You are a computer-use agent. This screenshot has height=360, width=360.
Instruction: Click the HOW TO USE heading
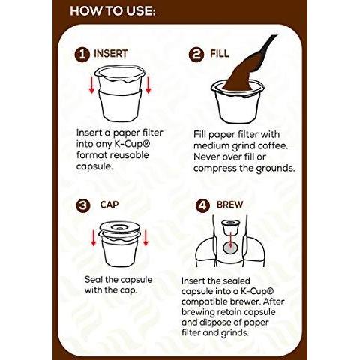(x=112, y=11)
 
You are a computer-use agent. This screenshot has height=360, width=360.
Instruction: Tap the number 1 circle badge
(x=82, y=55)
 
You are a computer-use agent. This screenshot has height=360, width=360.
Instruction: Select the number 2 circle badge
(x=196, y=55)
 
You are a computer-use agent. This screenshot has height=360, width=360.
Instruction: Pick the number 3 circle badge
(x=83, y=205)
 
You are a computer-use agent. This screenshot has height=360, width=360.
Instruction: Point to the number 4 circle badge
(x=202, y=205)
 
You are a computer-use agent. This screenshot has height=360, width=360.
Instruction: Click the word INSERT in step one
(x=111, y=54)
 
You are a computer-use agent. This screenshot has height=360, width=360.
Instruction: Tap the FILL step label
(x=220, y=54)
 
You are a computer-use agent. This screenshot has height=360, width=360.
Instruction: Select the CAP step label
(x=109, y=205)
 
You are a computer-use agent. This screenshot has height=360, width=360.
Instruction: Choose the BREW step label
(x=229, y=205)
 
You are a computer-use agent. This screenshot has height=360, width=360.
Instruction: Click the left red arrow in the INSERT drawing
(x=91, y=85)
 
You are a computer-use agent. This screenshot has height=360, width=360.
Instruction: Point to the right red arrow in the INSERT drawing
(x=148, y=85)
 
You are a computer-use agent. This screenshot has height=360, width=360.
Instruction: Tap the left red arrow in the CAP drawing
(x=94, y=238)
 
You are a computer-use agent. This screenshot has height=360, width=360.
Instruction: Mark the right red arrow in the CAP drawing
(x=145, y=238)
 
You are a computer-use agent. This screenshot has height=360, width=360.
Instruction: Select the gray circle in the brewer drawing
(x=229, y=247)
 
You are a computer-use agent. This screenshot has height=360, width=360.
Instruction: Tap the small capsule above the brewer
(x=230, y=227)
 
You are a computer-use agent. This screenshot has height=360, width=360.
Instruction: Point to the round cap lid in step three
(x=120, y=228)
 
